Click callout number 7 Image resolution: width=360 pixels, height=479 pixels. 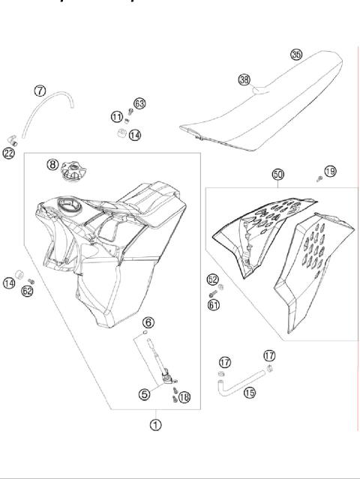coord(40,91)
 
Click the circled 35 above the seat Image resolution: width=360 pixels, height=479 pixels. coord(296,55)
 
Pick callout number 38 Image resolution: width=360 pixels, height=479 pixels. coord(244,79)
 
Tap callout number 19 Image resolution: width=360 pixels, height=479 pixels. coord(330,171)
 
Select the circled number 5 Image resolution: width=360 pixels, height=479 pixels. coord(144,392)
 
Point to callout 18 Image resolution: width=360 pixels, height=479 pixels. coord(184,397)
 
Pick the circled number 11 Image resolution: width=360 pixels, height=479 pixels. coord(116,116)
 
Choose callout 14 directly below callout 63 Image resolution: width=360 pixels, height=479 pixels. coord(134,135)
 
